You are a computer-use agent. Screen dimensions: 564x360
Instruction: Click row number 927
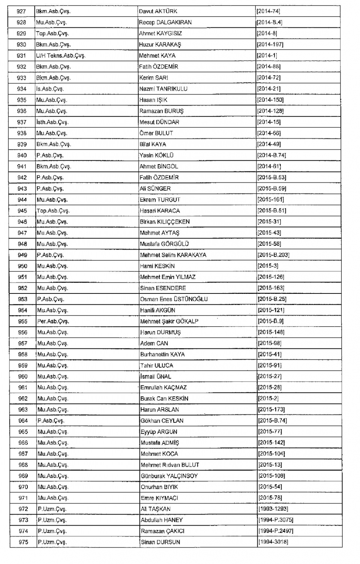(21, 11)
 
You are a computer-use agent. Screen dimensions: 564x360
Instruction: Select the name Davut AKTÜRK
(158, 11)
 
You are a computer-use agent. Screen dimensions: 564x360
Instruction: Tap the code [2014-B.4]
(269, 22)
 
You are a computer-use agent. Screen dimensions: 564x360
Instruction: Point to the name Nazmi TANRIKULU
(163, 89)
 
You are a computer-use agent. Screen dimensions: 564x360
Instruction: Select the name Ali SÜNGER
(155, 188)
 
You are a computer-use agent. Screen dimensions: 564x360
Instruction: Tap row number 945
(22, 211)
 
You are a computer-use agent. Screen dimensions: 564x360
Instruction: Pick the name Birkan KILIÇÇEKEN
(165, 222)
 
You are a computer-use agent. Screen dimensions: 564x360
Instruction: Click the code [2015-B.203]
(273, 255)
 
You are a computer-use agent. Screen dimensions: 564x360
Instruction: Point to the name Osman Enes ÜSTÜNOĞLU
(174, 299)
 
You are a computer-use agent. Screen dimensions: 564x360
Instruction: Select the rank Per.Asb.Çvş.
(53, 321)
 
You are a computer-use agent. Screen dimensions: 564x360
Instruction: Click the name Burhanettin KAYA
(162, 354)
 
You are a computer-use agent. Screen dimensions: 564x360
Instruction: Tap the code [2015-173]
(271, 410)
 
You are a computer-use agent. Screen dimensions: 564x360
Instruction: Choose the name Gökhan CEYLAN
(162, 420)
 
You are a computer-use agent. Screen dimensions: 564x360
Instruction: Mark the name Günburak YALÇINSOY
(169, 476)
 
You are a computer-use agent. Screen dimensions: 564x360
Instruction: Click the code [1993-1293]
(273, 509)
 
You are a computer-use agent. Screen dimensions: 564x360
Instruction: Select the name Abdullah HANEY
(162, 520)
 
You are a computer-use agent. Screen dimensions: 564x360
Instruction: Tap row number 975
(23, 542)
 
